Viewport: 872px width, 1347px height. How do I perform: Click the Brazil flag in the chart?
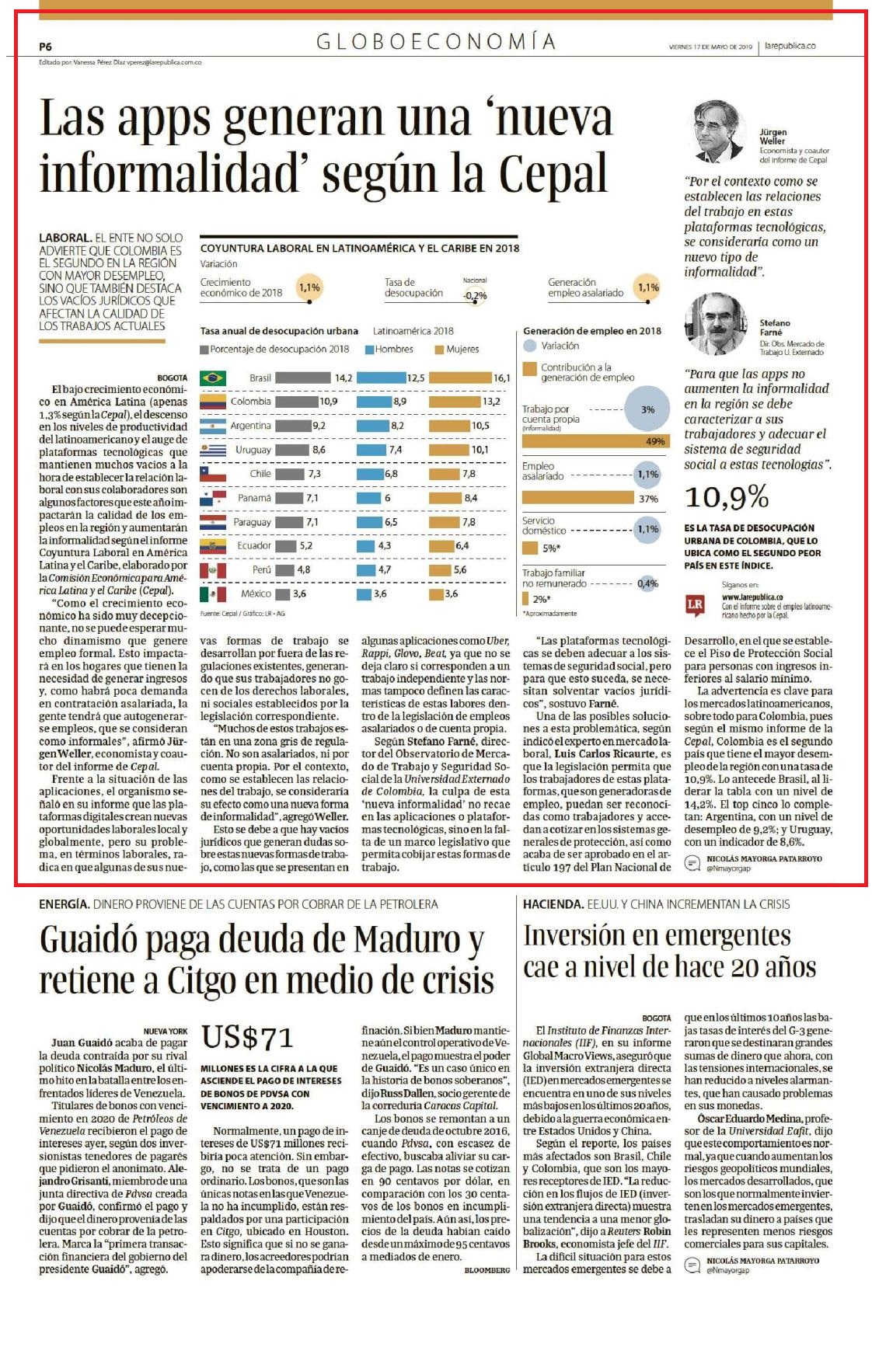213,378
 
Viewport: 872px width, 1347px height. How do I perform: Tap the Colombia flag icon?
213,402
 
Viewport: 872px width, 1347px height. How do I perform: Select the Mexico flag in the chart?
213,594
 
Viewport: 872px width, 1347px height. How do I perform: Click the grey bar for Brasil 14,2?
303,378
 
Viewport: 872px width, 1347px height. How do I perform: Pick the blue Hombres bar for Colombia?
374,402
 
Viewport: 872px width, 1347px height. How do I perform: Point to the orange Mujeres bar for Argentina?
448,426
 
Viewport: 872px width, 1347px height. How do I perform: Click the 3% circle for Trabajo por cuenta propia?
647,409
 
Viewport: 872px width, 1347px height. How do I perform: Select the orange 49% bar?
595,441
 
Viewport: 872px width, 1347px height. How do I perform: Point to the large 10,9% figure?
727,497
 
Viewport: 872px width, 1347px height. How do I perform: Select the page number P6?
45,47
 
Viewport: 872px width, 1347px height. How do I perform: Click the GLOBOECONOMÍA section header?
436,41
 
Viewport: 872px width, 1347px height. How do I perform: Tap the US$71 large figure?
247,1037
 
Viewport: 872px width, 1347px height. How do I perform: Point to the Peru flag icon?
213,570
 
